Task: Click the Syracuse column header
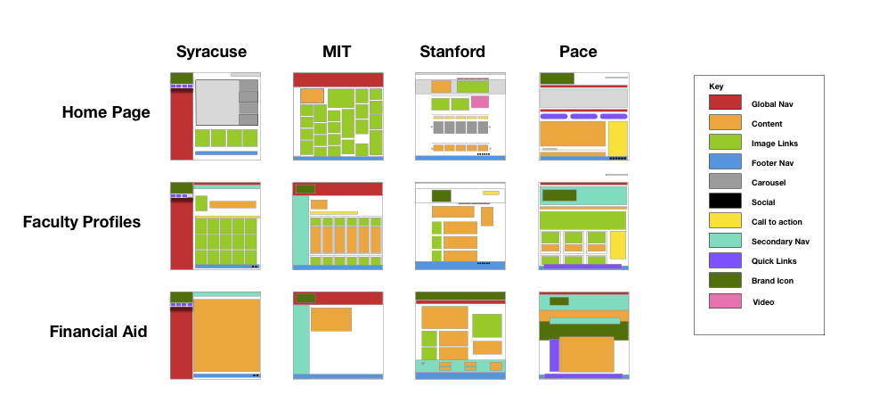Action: pyautogui.click(x=211, y=52)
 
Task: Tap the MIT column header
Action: pyautogui.click(x=338, y=52)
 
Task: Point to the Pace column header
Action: pyautogui.click(x=578, y=52)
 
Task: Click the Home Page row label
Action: pyautogui.click(x=106, y=113)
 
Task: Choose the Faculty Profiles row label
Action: pyautogui.click(x=82, y=222)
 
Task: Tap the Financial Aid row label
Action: pyautogui.click(x=98, y=332)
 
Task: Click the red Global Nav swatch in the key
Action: pyautogui.click(x=725, y=103)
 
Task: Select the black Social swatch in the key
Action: pyautogui.click(x=725, y=202)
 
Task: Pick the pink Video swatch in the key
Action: pyautogui.click(x=725, y=300)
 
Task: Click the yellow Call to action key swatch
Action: pyautogui.click(x=725, y=221)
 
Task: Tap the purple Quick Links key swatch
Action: pyautogui.click(x=725, y=260)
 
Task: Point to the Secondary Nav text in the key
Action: pyautogui.click(x=780, y=242)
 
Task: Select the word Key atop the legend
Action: pyautogui.click(x=716, y=86)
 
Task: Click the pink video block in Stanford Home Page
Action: pyautogui.click(x=480, y=102)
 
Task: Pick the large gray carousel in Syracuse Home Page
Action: pyautogui.click(x=216, y=103)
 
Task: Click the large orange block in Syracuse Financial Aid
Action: pyautogui.click(x=227, y=335)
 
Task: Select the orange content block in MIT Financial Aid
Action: pyautogui.click(x=331, y=319)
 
